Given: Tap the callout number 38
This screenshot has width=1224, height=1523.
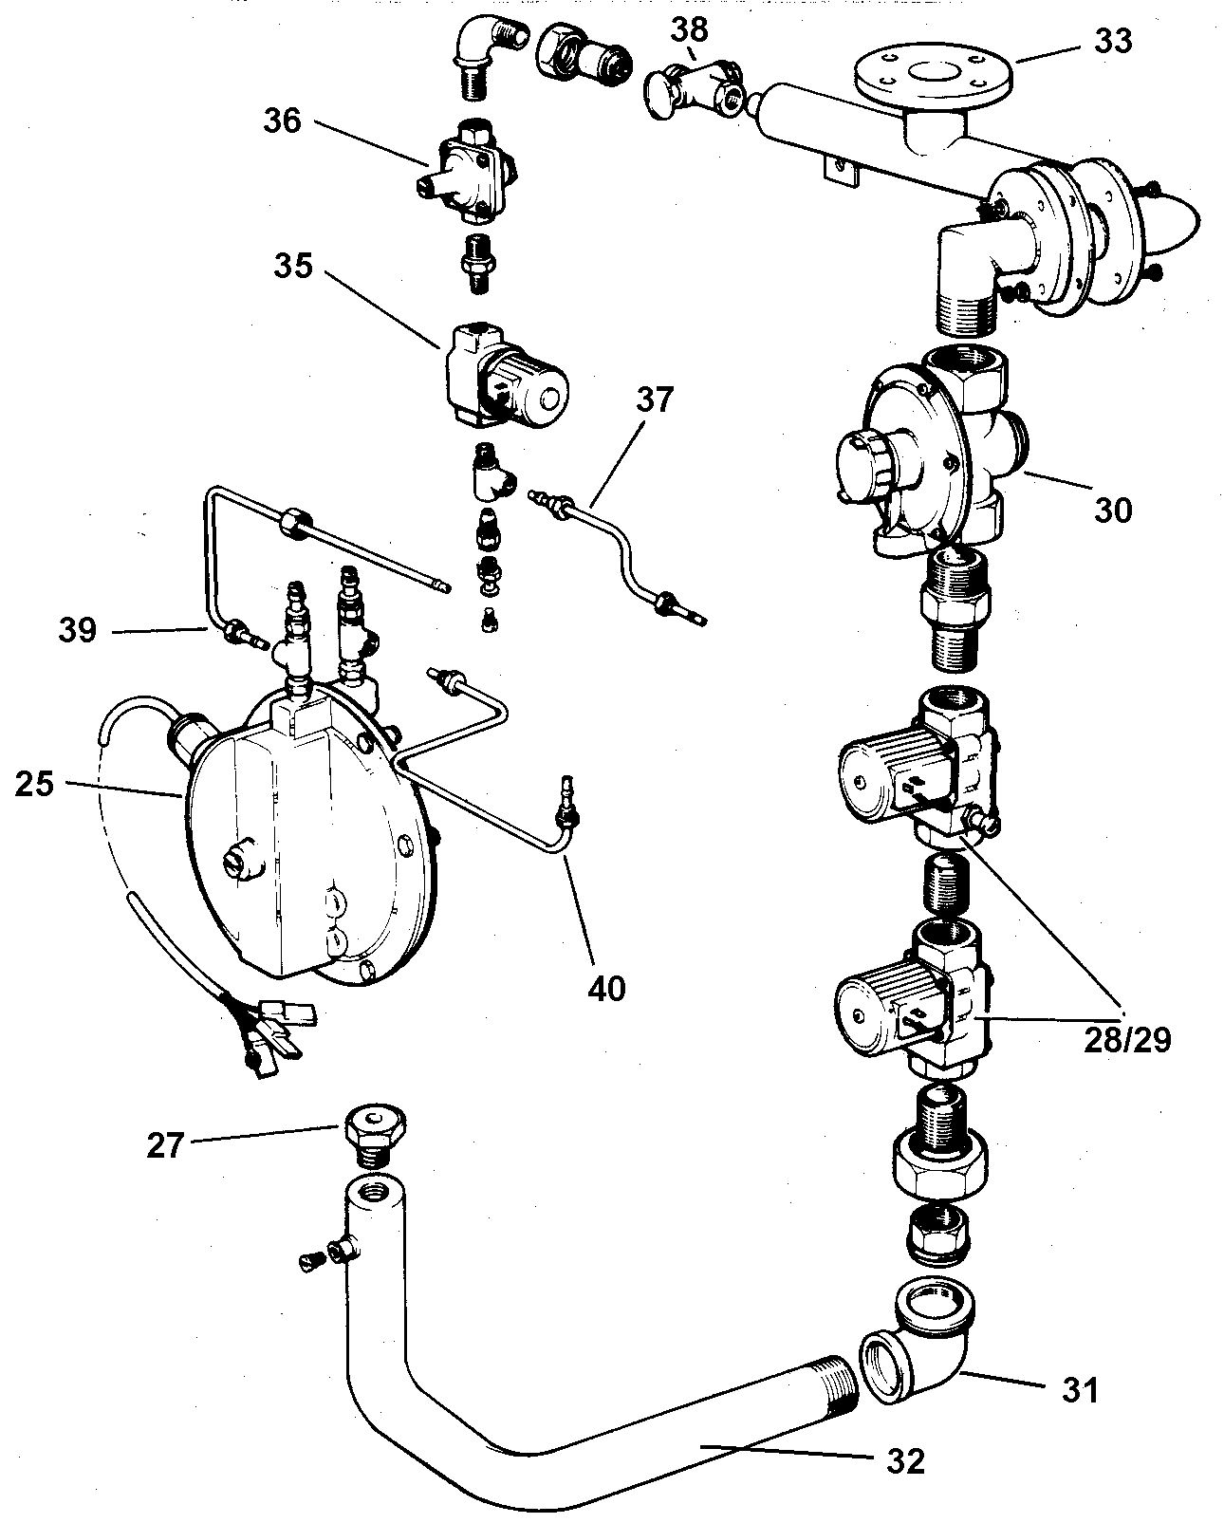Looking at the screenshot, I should pos(689,29).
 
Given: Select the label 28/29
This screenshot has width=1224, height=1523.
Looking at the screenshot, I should pos(1126,1039).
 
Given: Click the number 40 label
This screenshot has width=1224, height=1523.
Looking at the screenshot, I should pos(607,987).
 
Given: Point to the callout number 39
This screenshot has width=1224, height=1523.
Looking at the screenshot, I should pos(78,629).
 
